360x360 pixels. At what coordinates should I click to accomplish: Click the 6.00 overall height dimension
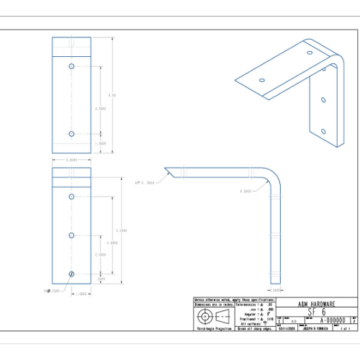coord(112,94)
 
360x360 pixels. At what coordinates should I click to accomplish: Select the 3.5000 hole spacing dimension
coord(102,108)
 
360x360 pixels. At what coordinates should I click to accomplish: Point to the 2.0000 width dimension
coord(71,160)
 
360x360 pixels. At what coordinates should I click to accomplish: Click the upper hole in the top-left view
coord(71,66)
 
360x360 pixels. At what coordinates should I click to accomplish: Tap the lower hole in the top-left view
coord(71,133)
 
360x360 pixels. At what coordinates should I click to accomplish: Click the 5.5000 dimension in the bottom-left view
coord(122,230)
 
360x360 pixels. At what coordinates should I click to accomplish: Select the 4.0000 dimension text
coord(112,243)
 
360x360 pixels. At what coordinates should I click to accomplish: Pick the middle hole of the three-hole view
coord(71,235)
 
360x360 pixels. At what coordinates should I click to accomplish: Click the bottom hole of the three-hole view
coord(71,274)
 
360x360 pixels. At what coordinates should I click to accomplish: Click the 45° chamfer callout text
coord(145,181)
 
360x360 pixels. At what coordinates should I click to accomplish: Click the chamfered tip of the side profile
coord(167,171)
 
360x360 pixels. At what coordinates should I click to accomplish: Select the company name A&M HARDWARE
coord(314,304)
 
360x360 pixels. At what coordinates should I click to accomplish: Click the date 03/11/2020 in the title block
coord(287,328)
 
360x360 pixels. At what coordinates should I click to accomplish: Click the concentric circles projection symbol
coord(207,318)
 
